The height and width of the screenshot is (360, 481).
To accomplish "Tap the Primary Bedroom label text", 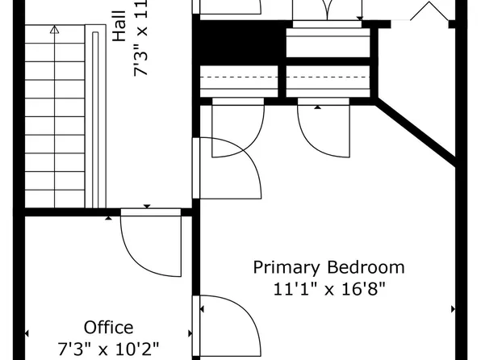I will (328, 267).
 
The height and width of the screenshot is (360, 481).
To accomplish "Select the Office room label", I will (109, 328).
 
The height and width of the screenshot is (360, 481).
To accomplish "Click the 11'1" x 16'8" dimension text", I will (328, 289).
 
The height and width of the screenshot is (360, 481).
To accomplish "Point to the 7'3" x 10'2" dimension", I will (109, 350).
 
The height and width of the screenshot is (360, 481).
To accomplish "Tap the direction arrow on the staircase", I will (54, 30).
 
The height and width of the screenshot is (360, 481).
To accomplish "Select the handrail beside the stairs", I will (96, 121).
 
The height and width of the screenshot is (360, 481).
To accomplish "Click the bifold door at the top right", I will (429, 11).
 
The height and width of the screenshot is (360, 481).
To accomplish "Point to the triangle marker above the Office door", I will (146, 207).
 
